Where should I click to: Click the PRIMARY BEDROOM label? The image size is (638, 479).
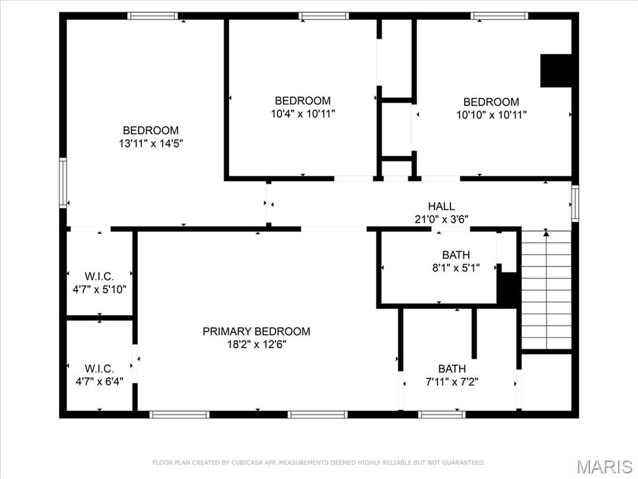[256, 331]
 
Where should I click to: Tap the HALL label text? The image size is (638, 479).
[441, 206]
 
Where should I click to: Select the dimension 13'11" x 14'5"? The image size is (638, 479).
[151, 143]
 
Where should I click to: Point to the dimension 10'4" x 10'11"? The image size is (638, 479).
[303, 114]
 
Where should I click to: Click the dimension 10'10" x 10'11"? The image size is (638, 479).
[491, 115]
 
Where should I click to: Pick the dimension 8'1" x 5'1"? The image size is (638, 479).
[455, 268]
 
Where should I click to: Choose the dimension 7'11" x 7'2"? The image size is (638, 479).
[451, 382]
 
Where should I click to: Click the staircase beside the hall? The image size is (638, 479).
[546, 289]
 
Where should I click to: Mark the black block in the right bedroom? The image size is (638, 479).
[556, 70]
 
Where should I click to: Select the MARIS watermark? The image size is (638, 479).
[604, 466]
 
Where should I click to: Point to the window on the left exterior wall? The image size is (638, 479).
[63, 183]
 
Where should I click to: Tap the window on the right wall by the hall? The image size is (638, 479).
[575, 204]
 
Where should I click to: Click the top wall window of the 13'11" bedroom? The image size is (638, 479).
[153, 16]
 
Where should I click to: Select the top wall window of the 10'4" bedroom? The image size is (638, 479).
[323, 16]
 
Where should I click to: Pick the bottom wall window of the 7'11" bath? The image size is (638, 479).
[442, 414]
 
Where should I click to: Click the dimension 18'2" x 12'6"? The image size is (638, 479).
[256, 344]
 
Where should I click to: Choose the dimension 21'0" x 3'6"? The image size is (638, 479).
[441, 219]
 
